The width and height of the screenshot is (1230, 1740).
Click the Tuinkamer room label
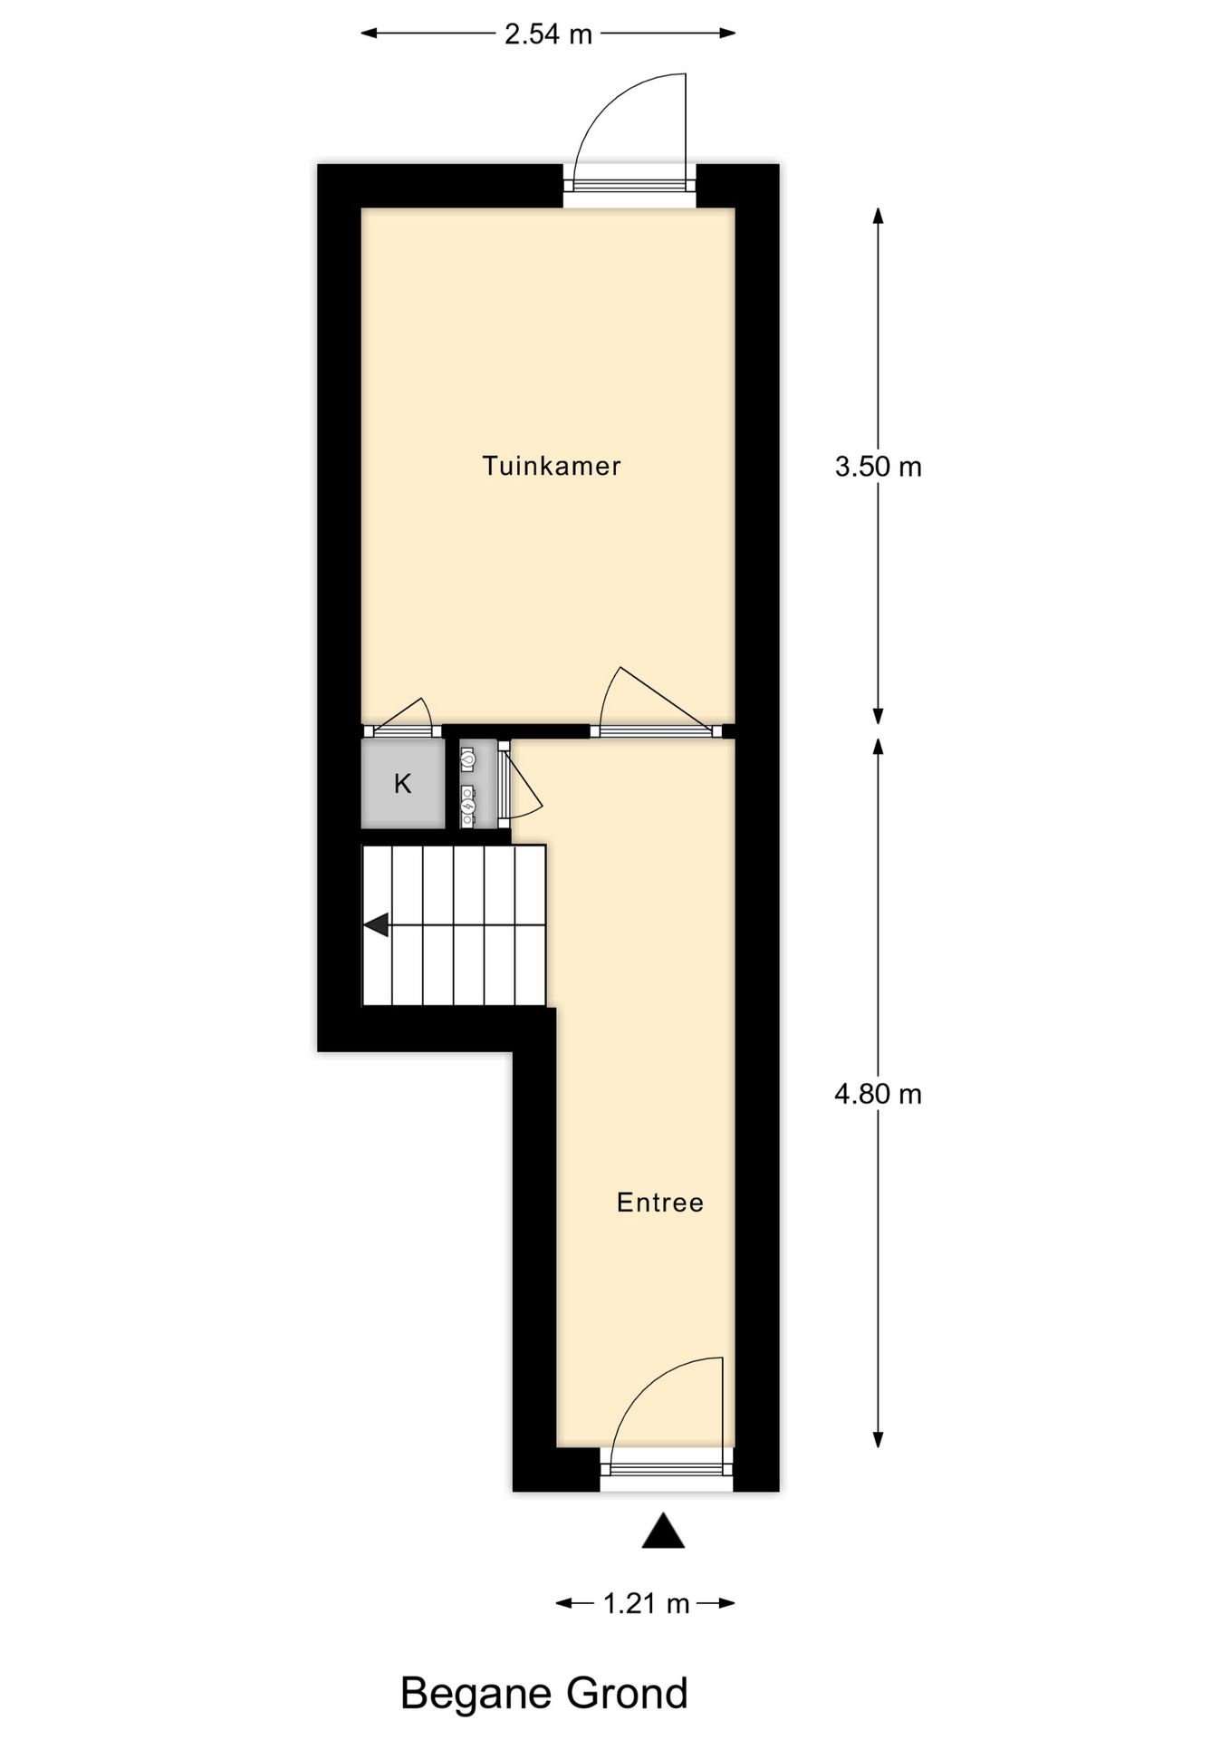tap(551, 466)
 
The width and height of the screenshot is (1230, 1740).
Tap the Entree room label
tap(659, 1203)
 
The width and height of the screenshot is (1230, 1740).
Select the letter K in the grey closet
tap(403, 784)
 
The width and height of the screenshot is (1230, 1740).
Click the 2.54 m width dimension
tap(548, 34)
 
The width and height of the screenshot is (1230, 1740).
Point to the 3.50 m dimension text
tap(878, 467)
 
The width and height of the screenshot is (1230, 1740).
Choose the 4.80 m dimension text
tap(878, 1094)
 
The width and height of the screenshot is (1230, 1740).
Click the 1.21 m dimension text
tap(646, 1604)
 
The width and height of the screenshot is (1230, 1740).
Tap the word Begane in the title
tap(476, 1693)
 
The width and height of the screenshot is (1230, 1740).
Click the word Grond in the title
tap(628, 1693)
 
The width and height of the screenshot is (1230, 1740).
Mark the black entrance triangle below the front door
tap(663, 1532)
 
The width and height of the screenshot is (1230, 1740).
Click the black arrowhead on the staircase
tap(377, 925)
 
